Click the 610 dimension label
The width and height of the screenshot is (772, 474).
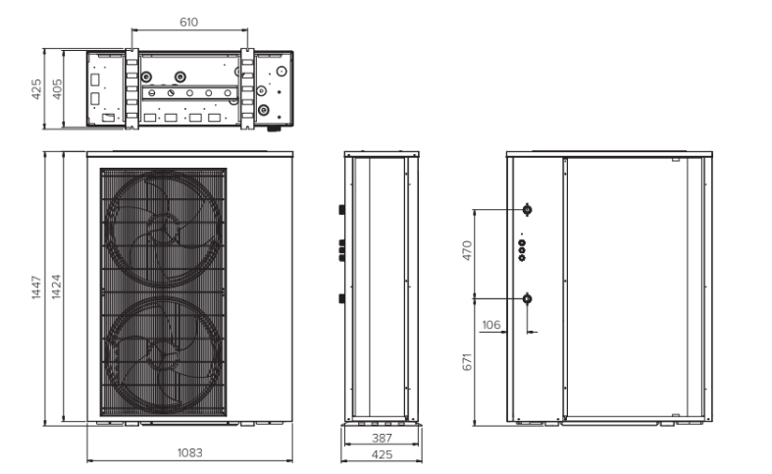[x=188, y=23]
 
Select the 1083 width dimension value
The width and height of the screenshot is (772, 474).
[x=189, y=452]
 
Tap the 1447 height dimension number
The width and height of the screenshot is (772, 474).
[x=36, y=288]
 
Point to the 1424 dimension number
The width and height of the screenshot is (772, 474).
[x=56, y=287]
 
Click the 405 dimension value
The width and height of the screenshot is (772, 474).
[x=57, y=89]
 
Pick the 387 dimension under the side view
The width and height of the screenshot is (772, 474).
[x=382, y=438]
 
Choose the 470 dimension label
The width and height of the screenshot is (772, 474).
[x=467, y=250]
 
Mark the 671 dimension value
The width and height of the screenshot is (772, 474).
[x=467, y=362]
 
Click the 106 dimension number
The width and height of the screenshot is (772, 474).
[x=490, y=325]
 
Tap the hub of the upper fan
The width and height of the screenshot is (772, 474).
[x=163, y=228]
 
